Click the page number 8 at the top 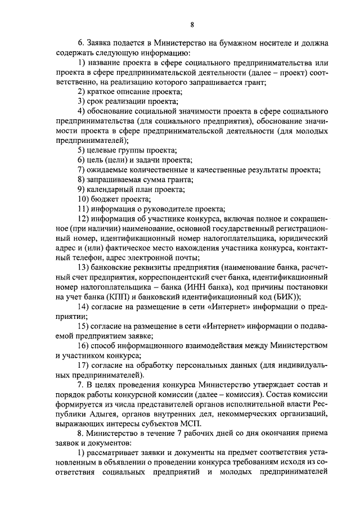click(192, 24)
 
